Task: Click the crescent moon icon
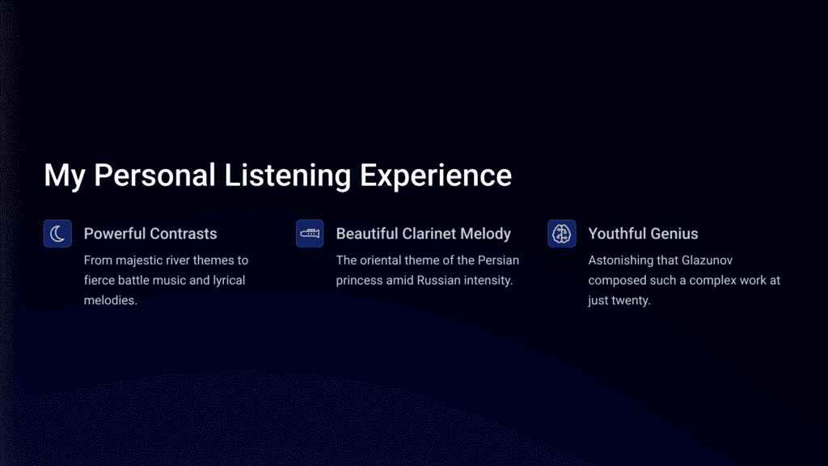coord(57,234)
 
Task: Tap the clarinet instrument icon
coord(310,234)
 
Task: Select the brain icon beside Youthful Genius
coord(561,234)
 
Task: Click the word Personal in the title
coord(154,176)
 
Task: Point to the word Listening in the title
coord(287,176)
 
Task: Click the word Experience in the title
coord(436,176)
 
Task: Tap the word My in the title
coord(65,176)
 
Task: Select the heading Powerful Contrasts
coord(150,234)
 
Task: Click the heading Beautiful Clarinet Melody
coord(424,234)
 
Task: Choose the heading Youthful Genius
coord(643,234)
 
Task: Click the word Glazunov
coord(707,261)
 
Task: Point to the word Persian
coord(498,261)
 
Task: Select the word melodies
coord(110,300)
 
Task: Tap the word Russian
coord(438,281)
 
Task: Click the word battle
coord(134,281)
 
